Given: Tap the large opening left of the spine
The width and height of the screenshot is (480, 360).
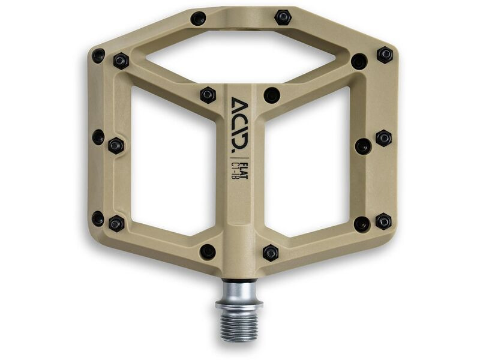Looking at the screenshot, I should point(172,162).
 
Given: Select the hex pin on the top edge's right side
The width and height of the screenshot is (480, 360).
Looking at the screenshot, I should point(283,17).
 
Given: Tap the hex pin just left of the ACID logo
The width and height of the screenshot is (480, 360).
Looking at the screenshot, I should point(208,95).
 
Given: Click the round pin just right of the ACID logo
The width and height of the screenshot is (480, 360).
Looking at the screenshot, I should point(271,94).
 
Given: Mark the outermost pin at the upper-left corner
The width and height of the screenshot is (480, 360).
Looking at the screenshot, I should point(98,56).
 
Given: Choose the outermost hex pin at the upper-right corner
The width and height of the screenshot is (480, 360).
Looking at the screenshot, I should point(385,55).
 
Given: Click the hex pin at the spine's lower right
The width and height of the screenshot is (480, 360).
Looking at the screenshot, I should point(271,252).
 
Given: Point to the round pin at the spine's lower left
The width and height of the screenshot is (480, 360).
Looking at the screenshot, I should point(208,251).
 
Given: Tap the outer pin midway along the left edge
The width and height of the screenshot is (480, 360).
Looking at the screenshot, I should point(97,137).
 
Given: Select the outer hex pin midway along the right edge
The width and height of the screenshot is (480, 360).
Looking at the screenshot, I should point(383,138).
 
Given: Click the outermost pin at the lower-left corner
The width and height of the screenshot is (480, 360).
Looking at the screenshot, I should point(98,218).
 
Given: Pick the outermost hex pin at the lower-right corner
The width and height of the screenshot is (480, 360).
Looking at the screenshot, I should point(383,221).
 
